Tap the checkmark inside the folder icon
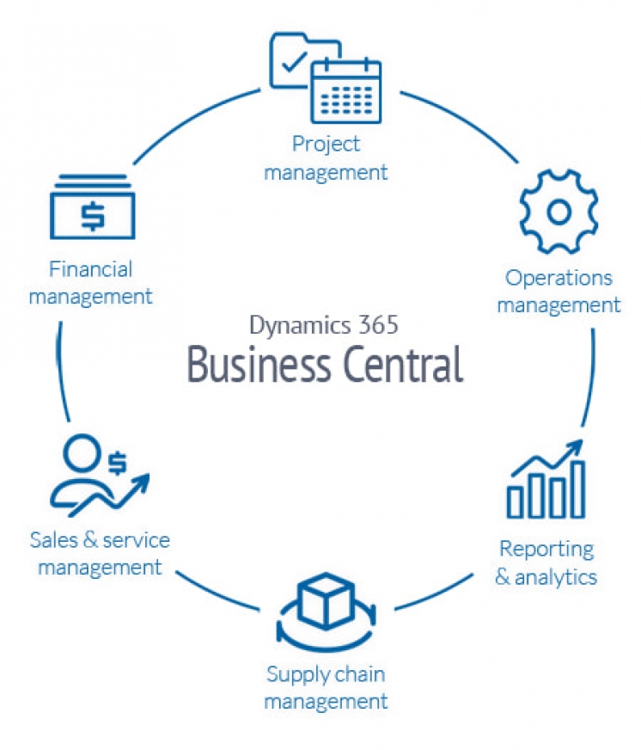[x=291, y=62]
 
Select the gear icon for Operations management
[x=559, y=212]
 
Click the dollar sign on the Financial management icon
[x=91, y=214]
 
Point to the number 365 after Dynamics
[x=375, y=325]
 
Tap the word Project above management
[x=326, y=144]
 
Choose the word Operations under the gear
[x=559, y=278]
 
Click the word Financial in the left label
[x=91, y=269]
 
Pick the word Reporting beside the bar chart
[x=546, y=548]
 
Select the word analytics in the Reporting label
[x=556, y=576]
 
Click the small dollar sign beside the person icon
[x=117, y=463]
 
